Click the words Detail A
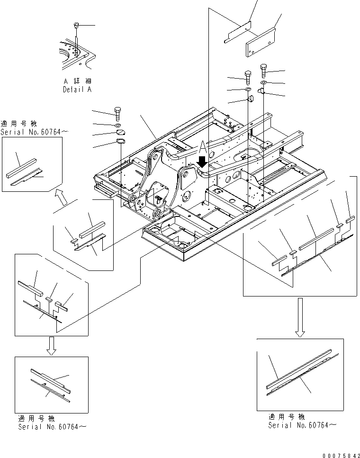(77, 89)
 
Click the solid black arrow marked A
(202, 162)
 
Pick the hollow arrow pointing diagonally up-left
(60, 194)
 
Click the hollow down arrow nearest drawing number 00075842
(299, 317)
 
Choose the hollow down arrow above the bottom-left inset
(52, 346)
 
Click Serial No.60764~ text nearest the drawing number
(302, 425)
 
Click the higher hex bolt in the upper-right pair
(263, 70)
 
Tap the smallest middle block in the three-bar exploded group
(49, 299)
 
